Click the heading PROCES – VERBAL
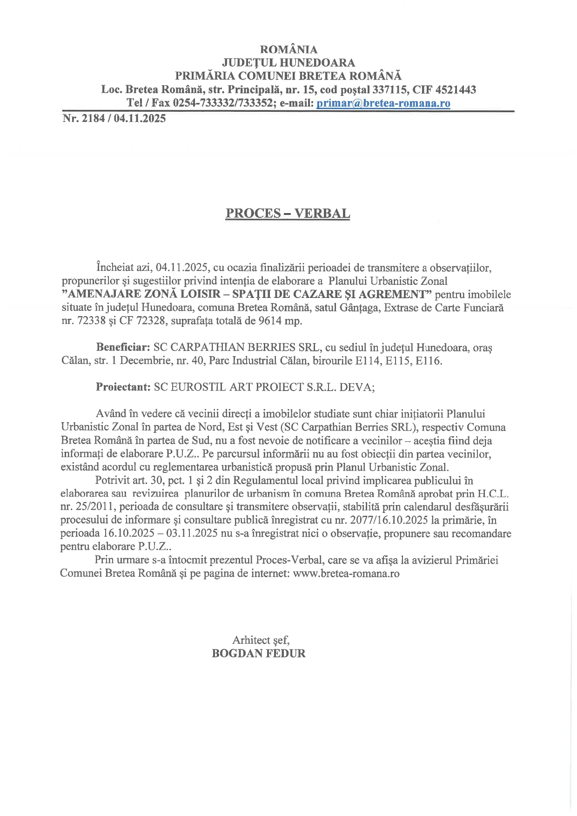coord(288,213)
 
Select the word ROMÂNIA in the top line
coord(288,49)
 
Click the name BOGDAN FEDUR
coord(259,654)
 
